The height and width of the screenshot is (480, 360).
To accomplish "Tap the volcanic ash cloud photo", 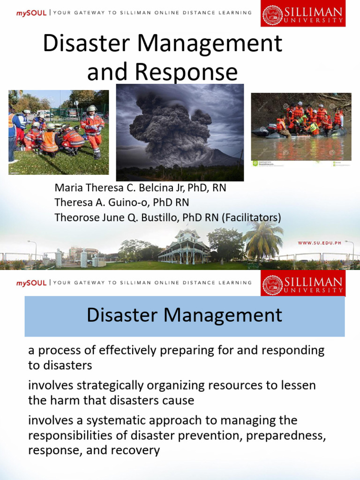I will click(x=180, y=132).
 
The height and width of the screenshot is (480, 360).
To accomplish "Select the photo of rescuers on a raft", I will click(x=301, y=127).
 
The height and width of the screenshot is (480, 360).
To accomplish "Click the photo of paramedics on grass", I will click(x=59, y=132).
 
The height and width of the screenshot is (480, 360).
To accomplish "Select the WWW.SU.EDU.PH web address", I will click(x=321, y=243).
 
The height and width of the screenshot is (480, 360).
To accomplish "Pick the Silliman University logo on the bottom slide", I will click(x=303, y=284).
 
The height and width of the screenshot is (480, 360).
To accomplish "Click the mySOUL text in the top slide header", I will click(x=31, y=13).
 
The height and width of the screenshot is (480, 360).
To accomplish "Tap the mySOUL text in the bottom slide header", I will click(x=31, y=283).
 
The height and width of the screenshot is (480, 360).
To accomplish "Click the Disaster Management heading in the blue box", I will click(x=184, y=315).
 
